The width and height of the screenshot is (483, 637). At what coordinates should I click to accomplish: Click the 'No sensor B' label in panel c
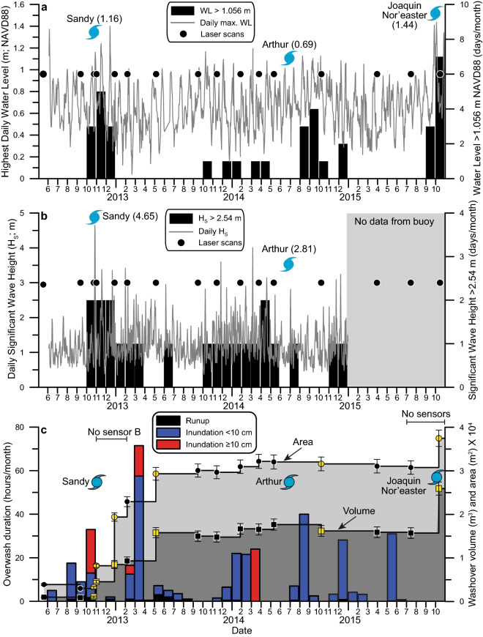click(x=110, y=431)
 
